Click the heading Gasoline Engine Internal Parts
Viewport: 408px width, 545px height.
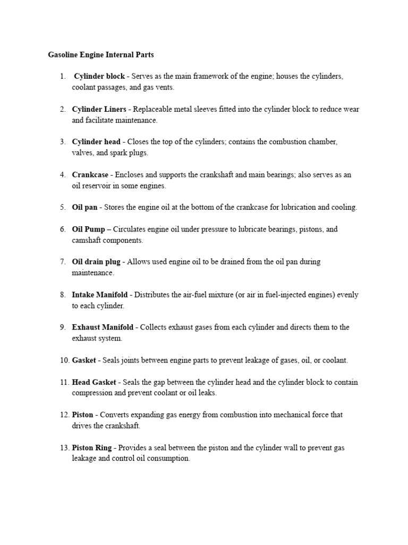(100, 54)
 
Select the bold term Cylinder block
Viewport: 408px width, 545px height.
(99, 77)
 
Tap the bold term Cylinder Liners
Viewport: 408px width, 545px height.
(99, 110)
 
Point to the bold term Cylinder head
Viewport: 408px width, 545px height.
(97, 142)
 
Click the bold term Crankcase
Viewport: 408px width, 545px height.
(90, 175)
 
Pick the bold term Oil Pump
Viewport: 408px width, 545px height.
(88, 229)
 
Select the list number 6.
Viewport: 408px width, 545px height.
(63, 229)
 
